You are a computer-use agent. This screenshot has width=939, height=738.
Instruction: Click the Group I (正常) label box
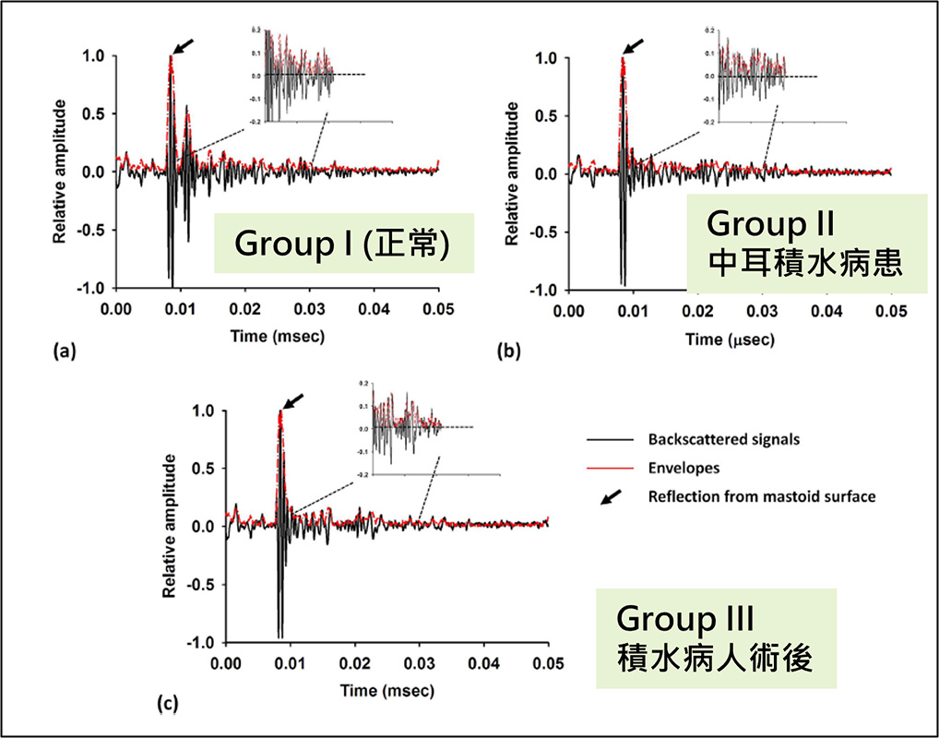pyautogui.click(x=343, y=244)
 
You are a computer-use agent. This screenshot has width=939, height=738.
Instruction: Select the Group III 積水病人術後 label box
pyautogui.click(x=715, y=639)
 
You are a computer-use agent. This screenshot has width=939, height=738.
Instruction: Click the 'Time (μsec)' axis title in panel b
pyautogui.click(x=730, y=339)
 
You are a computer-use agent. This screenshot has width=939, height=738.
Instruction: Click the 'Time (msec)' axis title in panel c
pyautogui.click(x=387, y=690)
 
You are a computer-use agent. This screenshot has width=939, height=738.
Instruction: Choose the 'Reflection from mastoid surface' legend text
pyautogui.click(x=762, y=496)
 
